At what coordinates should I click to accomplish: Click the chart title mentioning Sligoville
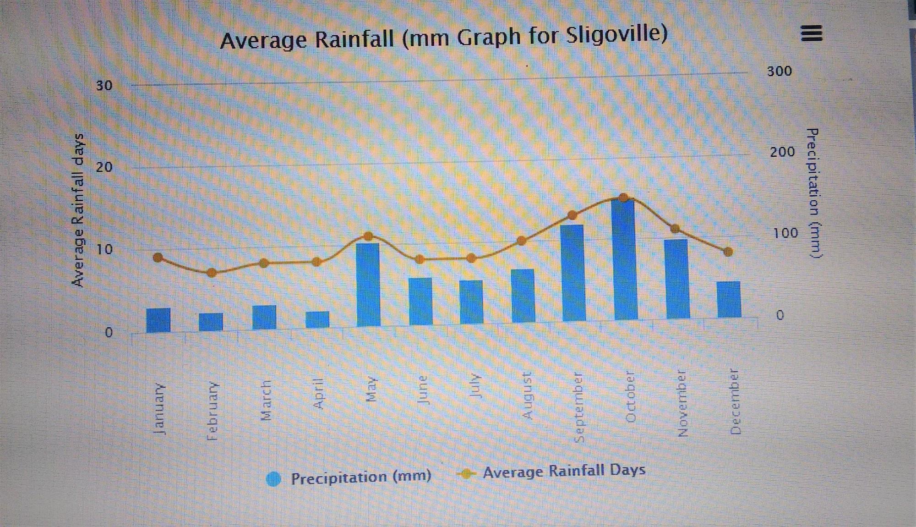[x=443, y=37]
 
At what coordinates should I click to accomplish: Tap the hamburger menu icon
[x=812, y=33]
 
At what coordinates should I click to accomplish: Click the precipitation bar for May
[x=368, y=284]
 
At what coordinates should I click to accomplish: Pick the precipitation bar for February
[x=211, y=322]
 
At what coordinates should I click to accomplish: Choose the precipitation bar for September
[x=573, y=273]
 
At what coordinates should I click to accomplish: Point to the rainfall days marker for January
[x=158, y=258]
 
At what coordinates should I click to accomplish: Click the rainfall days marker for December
[x=728, y=252]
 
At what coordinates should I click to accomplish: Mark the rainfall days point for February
[x=211, y=273]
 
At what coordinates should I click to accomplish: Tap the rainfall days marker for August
[x=521, y=241]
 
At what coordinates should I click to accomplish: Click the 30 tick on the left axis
[x=104, y=86]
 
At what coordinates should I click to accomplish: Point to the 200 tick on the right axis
[x=782, y=152]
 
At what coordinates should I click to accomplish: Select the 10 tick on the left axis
[x=104, y=250]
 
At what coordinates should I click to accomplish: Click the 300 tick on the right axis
[x=780, y=71]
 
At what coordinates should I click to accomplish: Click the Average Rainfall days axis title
[x=79, y=210]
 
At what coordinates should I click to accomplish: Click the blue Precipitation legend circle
[x=273, y=479]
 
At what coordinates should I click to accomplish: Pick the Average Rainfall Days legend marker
[x=466, y=473]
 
